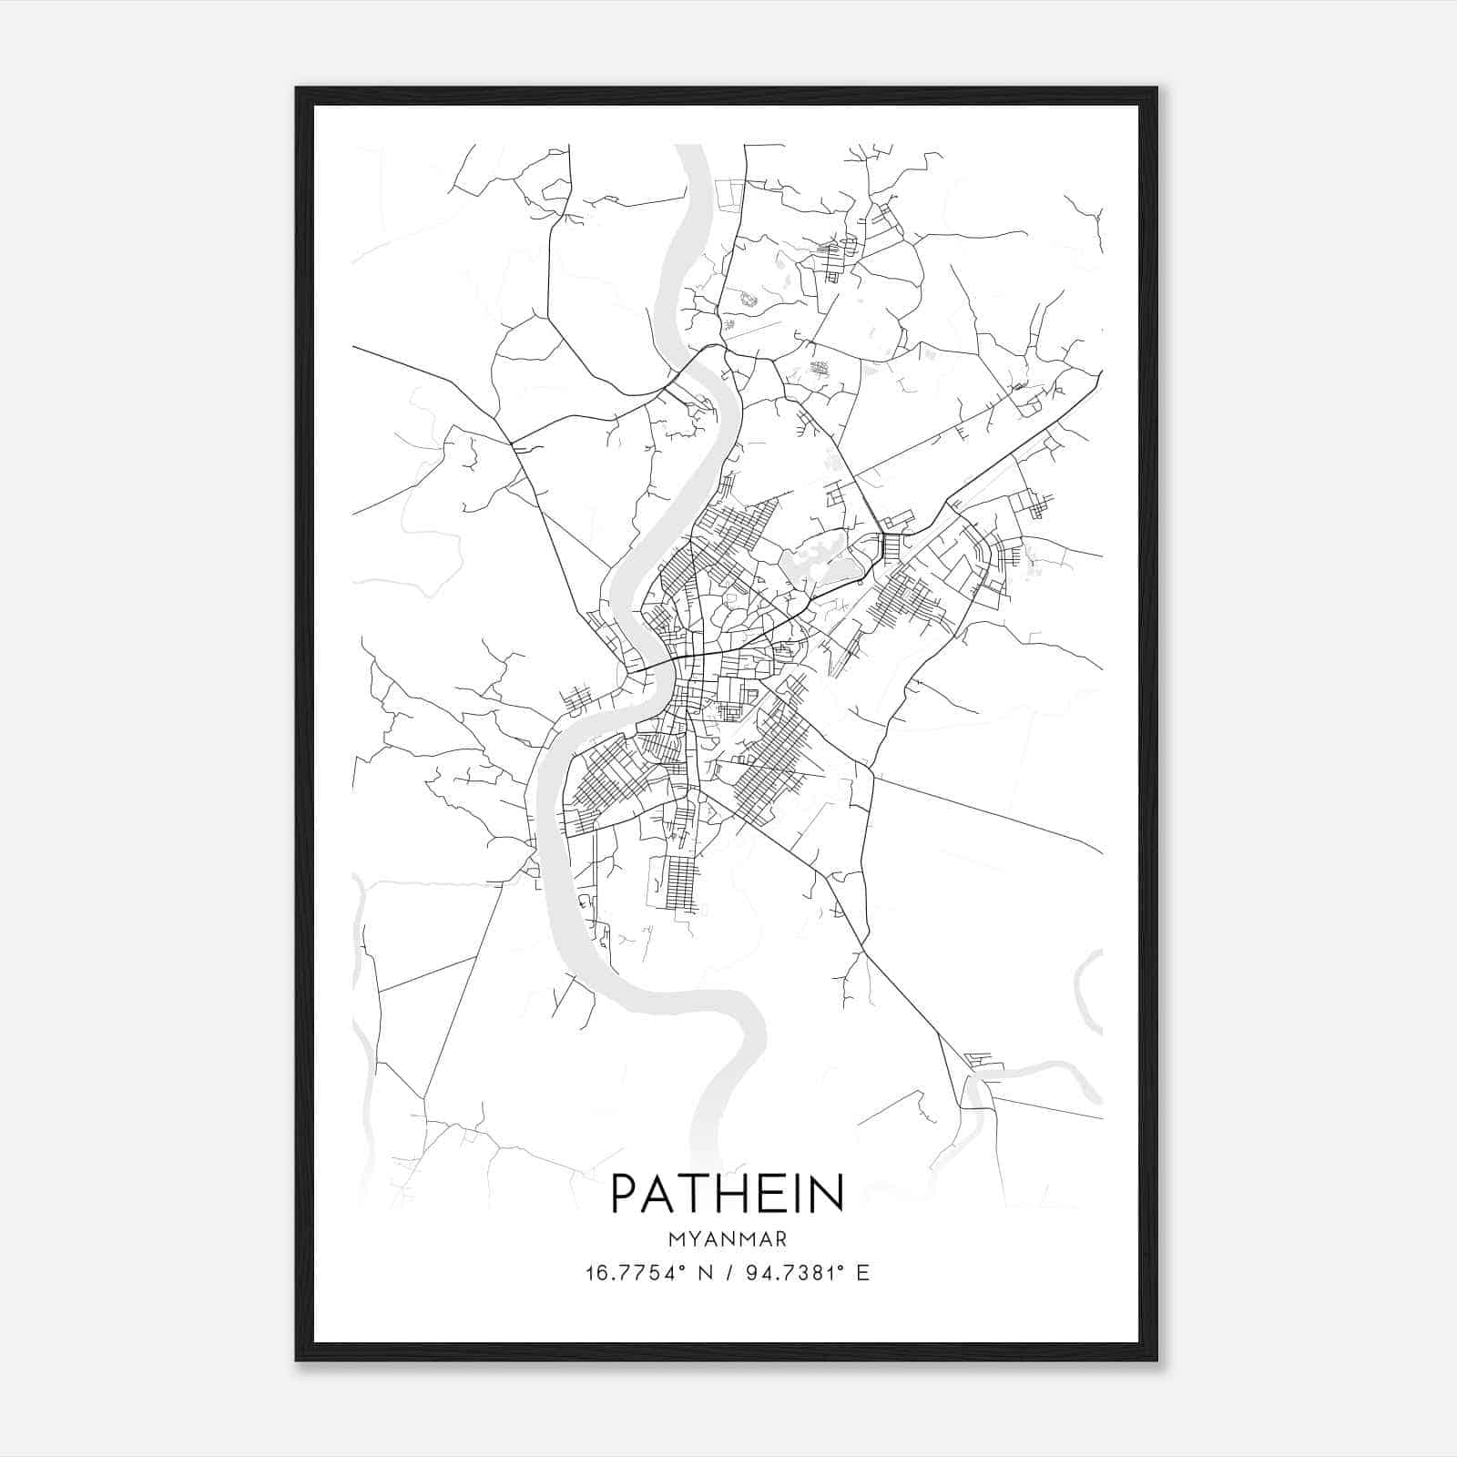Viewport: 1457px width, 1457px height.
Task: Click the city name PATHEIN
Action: tap(727, 1193)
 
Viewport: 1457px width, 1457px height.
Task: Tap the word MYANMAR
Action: tap(727, 1239)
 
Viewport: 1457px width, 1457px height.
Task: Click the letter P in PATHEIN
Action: tap(627, 1193)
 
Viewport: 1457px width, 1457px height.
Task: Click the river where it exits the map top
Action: tap(689, 155)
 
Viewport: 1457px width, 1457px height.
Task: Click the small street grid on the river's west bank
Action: tap(577, 701)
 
